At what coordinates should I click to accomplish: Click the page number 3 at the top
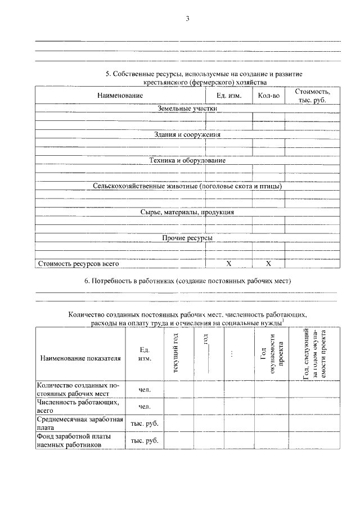coord(187,19)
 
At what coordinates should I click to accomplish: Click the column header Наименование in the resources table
coord(118,96)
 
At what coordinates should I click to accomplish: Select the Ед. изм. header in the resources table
coord(229,96)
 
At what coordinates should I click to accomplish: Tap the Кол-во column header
coord(268,96)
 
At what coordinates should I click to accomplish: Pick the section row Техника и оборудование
coord(187,160)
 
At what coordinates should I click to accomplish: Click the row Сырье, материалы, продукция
coord(187,212)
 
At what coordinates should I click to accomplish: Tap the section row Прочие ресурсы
coord(187,238)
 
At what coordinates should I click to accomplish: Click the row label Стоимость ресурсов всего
coord(78,263)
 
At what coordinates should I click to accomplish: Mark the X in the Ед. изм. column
coord(228,263)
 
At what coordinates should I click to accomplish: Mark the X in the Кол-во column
coord(268,263)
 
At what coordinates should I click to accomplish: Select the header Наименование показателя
coord(80,358)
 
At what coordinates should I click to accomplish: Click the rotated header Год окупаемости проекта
coord(272,354)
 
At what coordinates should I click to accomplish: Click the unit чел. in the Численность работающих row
coord(145,406)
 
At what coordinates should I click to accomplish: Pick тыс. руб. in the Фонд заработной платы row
coord(145,440)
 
